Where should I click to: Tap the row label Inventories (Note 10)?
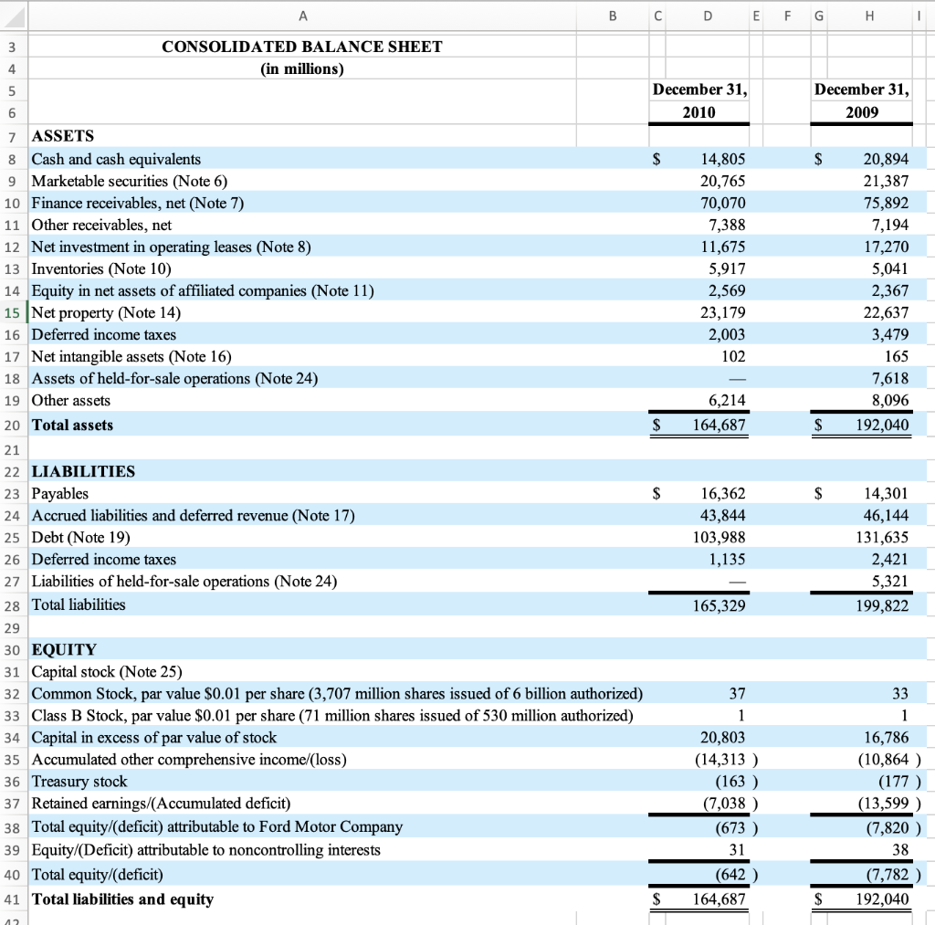pyautogui.click(x=101, y=269)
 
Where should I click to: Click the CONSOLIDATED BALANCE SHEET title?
pyautogui.click(x=302, y=47)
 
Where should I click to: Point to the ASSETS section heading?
pyautogui.click(x=63, y=136)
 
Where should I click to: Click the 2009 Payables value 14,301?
pyautogui.click(x=886, y=494)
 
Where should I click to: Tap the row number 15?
pyautogui.click(x=13, y=313)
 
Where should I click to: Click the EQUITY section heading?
pyautogui.click(x=64, y=650)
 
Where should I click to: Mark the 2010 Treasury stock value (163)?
pyautogui.click(x=730, y=782)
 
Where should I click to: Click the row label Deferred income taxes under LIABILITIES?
pyautogui.click(x=104, y=560)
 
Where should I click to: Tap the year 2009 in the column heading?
pyautogui.click(x=862, y=112)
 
